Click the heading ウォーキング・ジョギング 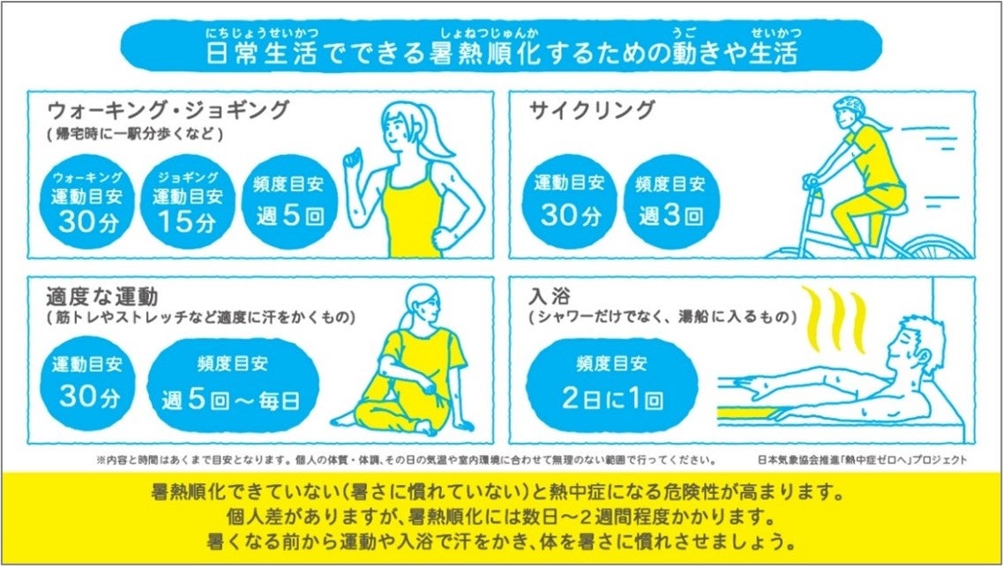[168, 110]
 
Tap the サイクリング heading [592, 110]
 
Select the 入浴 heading [550, 296]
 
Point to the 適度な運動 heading [101, 297]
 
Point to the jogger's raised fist [353, 158]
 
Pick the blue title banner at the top [501, 46]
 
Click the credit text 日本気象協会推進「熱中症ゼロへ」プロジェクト [862, 460]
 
